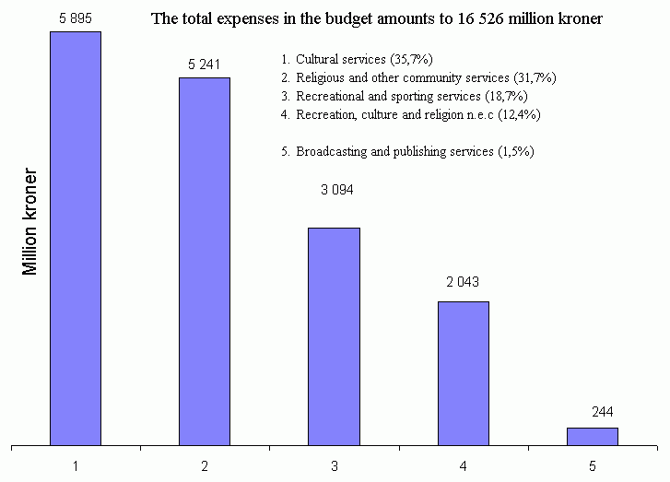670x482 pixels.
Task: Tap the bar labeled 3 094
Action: pos(334,336)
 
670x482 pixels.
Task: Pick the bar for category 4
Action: pos(463,373)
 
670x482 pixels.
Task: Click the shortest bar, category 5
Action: pos(592,436)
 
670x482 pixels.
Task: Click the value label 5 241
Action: pos(205,64)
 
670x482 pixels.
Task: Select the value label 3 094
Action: pos(336,190)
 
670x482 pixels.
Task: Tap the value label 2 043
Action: pos(463,282)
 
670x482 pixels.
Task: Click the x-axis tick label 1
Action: pos(76,466)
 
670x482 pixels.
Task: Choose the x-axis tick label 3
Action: pos(334,466)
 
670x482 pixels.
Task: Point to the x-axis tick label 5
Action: pos(592,466)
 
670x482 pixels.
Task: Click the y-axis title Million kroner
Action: pos(31,221)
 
